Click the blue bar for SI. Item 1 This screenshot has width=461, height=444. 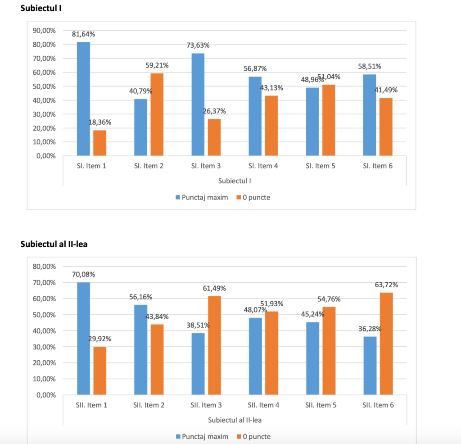tap(84, 99)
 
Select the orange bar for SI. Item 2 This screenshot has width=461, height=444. tap(157, 115)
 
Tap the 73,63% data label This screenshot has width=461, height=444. tap(198, 45)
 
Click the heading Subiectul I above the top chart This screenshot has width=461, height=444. tap(41, 9)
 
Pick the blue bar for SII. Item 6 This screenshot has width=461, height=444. tap(370, 366)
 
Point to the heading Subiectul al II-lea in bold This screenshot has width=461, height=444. tap(57, 244)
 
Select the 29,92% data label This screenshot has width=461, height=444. tap(99, 339)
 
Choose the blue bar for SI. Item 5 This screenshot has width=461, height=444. tap(312, 122)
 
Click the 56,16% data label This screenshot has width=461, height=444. tap(140, 297)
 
